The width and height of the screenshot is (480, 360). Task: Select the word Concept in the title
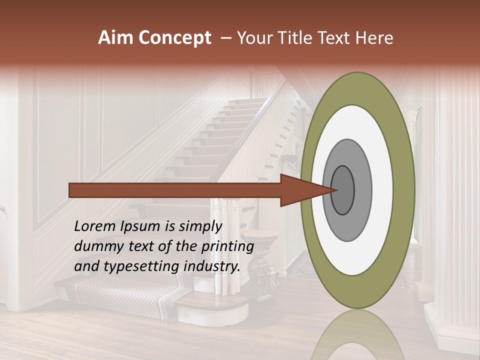point(174,38)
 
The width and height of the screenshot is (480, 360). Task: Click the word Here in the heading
point(374,38)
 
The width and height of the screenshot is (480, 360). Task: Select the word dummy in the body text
point(96,246)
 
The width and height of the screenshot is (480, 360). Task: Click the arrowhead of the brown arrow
point(310,190)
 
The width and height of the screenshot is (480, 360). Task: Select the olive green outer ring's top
point(357,87)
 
